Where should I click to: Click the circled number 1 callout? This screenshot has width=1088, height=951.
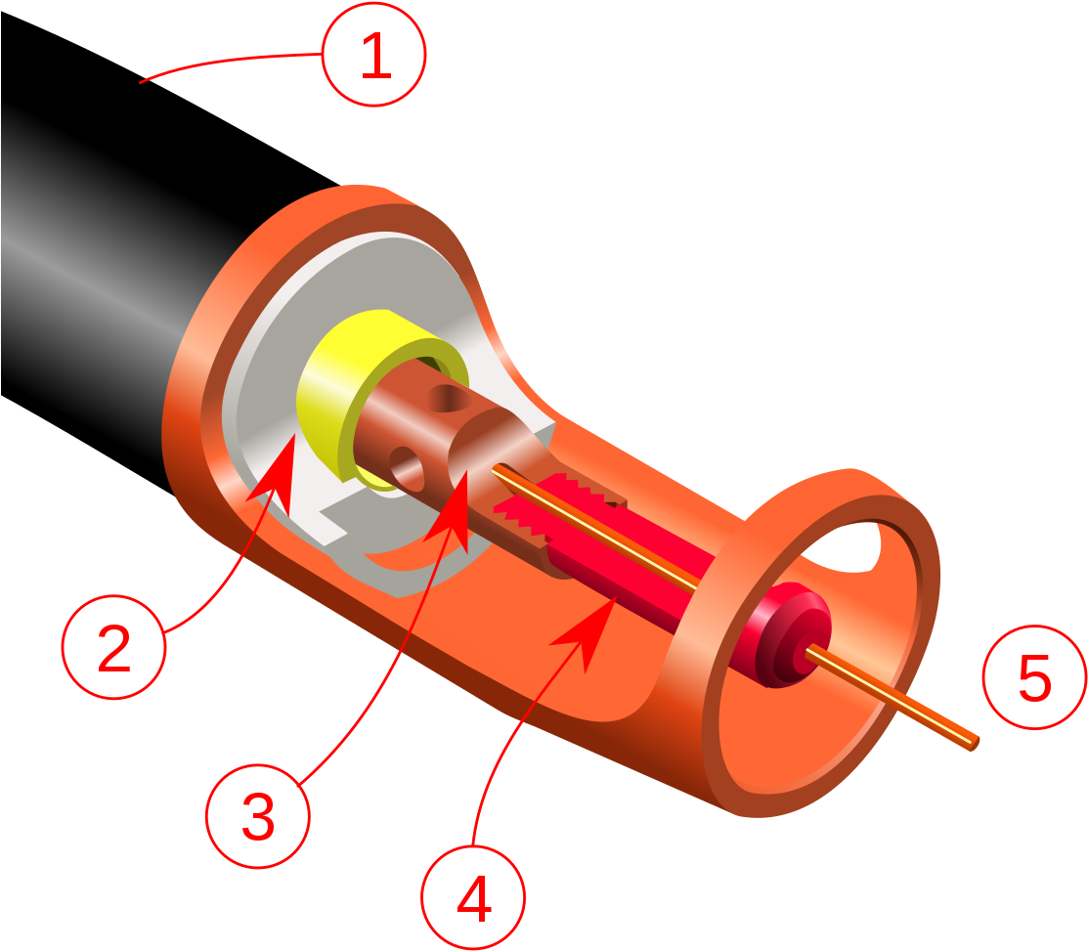(374, 55)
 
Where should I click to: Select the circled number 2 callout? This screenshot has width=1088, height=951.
(113, 647)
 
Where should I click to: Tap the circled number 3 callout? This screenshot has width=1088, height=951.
(257, 816)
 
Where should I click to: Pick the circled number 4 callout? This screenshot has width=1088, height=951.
(473, 897)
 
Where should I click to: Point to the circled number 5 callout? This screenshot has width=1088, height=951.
(1034, 677)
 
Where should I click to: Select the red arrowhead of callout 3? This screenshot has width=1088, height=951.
(450, 512)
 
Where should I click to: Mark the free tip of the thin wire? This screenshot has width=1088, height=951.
(976, 743)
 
